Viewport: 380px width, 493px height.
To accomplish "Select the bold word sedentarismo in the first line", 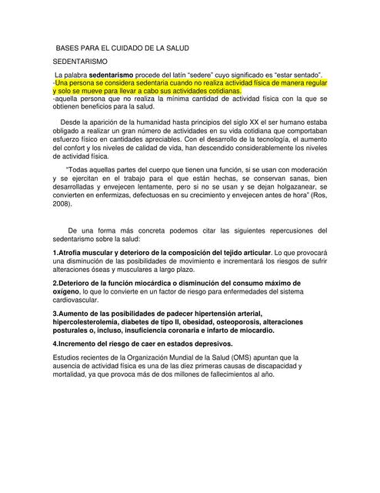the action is pyautogui.click(x=115, y=73).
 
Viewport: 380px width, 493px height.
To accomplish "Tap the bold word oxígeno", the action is pyautogui.click(x=68, y=292).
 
